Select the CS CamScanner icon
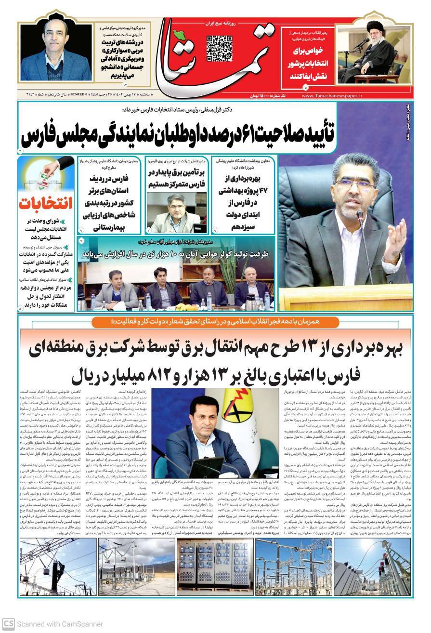coord(8,623)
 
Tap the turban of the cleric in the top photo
coord(374,25)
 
